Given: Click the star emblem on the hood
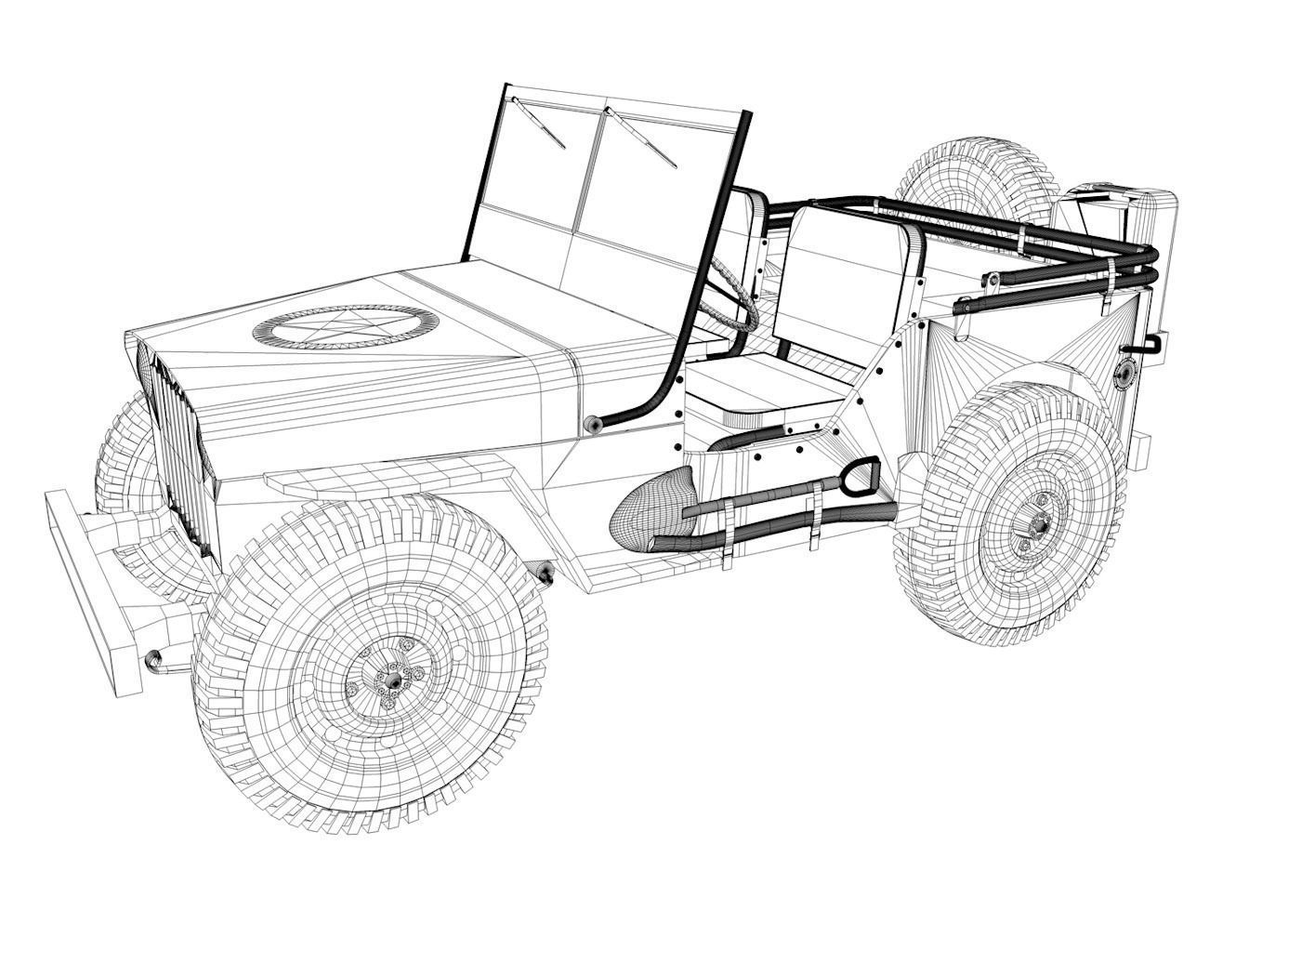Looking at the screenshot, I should [x=345, y=327].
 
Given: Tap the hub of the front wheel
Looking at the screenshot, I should [x=393, y=681].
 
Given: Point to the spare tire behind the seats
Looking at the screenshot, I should [x=976, y=177].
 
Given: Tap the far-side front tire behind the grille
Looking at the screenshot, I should [x=125, y=465].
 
